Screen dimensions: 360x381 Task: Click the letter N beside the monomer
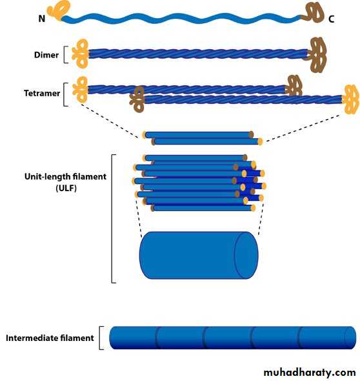tap(42, 19)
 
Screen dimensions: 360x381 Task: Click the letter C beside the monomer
tap(332, 19)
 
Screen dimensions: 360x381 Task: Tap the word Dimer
tap(46, 55)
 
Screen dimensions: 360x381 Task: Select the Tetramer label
tap(42, 93)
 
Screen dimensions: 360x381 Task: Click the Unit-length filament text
tap(66, 176)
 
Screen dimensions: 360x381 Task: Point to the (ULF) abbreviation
tap(66, 188)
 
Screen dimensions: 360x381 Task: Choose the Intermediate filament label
tap(50, 338)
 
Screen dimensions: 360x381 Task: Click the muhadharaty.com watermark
tap(310, 372)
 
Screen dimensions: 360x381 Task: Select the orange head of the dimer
tap(81, 54)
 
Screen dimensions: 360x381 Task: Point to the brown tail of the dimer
tap(317, 54)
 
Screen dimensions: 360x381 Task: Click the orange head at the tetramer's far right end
tap(351, 99)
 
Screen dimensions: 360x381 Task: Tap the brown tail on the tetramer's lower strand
tap(137, 99)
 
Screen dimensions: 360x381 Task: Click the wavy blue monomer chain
tap(181, 19)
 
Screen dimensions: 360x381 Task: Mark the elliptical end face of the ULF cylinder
tap(246, 255)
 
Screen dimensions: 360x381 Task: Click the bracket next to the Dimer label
tap(66, 55)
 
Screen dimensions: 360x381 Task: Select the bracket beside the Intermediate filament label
tap(101, 338)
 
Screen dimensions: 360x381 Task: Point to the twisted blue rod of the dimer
tap(198, 54)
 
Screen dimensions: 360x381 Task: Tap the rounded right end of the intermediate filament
tap(350, 338)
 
